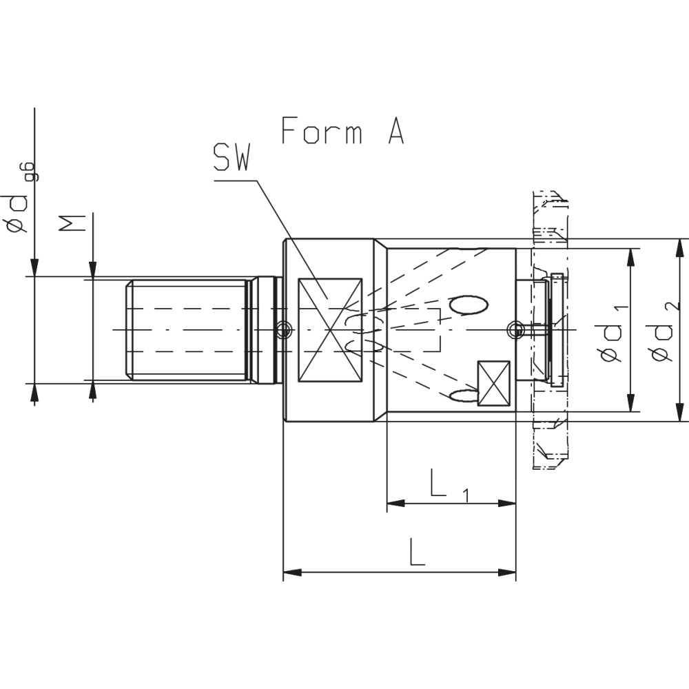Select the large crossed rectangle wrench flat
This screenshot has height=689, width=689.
pos(329,330)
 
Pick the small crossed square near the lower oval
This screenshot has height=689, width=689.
pos(494,384)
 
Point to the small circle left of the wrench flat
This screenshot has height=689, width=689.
pos(281,331)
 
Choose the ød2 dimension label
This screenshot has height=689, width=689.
pos(664,331)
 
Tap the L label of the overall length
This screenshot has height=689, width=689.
pos(416,553)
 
